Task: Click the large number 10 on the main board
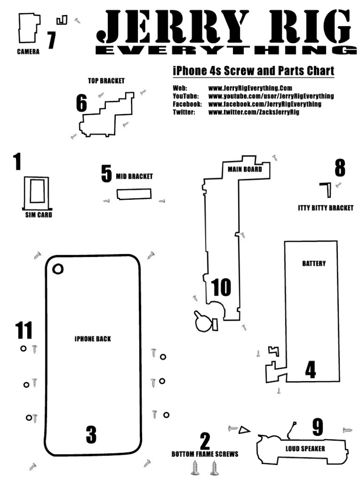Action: (x=221, y=288)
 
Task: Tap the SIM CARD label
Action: (x=38, y=215)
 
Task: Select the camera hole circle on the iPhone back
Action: (x=58, y=269)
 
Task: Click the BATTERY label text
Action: (x=314, y=263)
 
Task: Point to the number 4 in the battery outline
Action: (x=310, y=369)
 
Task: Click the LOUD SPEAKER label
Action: (x=305, y=449)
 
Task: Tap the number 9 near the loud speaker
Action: (x=318, y=427)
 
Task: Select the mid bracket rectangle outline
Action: (x=134, y=194)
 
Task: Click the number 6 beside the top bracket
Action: (x=82, y=104)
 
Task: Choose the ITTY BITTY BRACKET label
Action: (x=325, y=208)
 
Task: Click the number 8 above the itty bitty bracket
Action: (x=340, y=168)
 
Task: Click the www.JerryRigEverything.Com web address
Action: (x=250, y=88)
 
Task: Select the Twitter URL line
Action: (x=253, y=112)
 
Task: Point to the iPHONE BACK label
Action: (x=93, y=339)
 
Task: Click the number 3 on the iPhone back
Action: (x=91, y=435)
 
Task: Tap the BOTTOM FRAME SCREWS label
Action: (x=205, y=454)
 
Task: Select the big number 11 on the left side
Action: (x=24, y=330)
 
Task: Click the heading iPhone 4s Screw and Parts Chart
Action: (x=253, y=71)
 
